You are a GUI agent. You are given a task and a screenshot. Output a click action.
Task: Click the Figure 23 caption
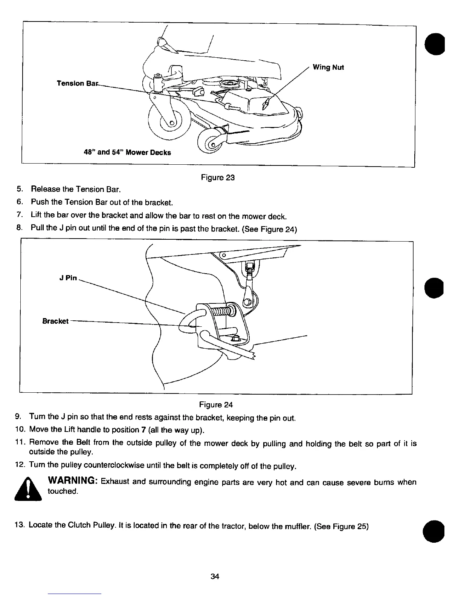coord(218,178)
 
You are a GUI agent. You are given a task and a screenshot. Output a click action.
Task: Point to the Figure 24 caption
coord(216,405)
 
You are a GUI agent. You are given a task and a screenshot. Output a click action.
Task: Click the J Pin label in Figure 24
coord(68,278)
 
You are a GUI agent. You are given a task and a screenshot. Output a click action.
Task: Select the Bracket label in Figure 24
coord(55,321)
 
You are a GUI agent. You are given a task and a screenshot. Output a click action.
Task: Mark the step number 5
coord(18,189)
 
